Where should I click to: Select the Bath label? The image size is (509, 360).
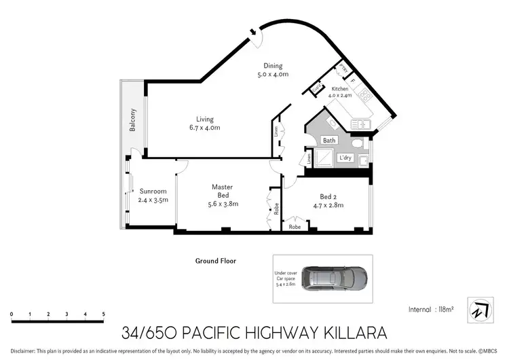tap(329, 141)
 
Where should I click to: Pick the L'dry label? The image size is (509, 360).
tap(345, 158)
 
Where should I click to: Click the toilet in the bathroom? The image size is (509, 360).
tap(362, 143)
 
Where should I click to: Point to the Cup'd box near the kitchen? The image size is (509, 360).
tap(316, 88)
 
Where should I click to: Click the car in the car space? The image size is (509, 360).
tap(334, 276)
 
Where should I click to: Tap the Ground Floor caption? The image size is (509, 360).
tap(215, 261)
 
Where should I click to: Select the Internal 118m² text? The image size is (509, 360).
tap(430, 309)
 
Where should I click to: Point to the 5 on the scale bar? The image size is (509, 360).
tap(103, 314)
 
